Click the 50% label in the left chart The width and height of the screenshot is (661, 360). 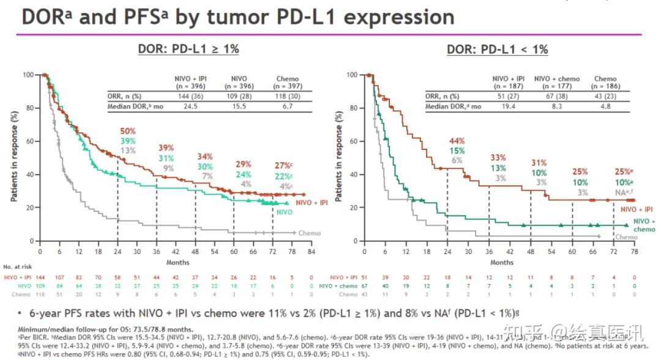pos(128,132)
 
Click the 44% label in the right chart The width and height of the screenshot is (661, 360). pos(457,141)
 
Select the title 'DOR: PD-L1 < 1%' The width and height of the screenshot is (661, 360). pos(498,50)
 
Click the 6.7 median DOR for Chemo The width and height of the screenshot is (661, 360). pos(288,107)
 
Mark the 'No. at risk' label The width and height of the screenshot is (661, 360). pos(21,268)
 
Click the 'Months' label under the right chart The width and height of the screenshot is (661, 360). pos(501,262)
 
